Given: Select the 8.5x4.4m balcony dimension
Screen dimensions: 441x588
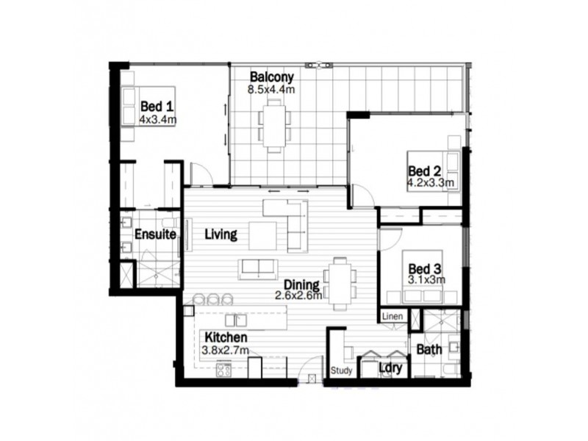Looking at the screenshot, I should [x=271, y=90].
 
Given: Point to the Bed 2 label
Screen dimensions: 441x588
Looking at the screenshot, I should [x=423, y=168].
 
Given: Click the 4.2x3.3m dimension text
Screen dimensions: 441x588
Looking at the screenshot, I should [x=430, y=181].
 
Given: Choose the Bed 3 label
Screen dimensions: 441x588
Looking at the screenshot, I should [x=424, y=268].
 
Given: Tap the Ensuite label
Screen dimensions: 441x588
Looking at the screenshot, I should [x=156, y=235].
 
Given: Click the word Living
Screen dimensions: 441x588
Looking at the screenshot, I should [x=220, y=235].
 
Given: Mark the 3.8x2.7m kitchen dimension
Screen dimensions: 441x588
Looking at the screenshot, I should [x=226, y=350].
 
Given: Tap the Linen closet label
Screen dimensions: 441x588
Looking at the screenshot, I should [x=392, y=316].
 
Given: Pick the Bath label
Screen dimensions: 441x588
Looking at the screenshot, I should [x=429, y=350].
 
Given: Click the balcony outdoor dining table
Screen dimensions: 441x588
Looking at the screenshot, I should [x=274, y=126].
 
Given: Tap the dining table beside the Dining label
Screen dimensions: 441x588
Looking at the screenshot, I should [x=340, y=282].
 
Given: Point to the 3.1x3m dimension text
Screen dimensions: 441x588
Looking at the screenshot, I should [x=427, y=280].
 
